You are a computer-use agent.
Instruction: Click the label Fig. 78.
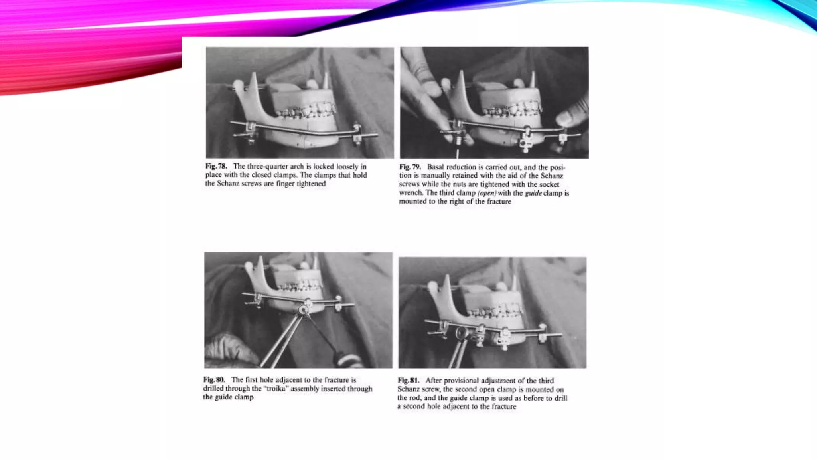coord(216,166)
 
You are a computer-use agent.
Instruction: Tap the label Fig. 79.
coord(410,167)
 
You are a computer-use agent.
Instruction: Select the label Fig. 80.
coord(214,379)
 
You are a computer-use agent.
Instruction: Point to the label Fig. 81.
coord(408,380)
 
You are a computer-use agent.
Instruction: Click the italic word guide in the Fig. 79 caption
coord(533,193)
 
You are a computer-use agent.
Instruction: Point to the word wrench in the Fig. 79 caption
coord(410,193)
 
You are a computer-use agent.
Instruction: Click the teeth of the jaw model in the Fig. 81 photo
coord(495,312)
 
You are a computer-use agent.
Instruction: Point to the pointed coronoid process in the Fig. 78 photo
coord(253,80)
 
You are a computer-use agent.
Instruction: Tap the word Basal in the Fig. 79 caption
coord(435,167)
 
